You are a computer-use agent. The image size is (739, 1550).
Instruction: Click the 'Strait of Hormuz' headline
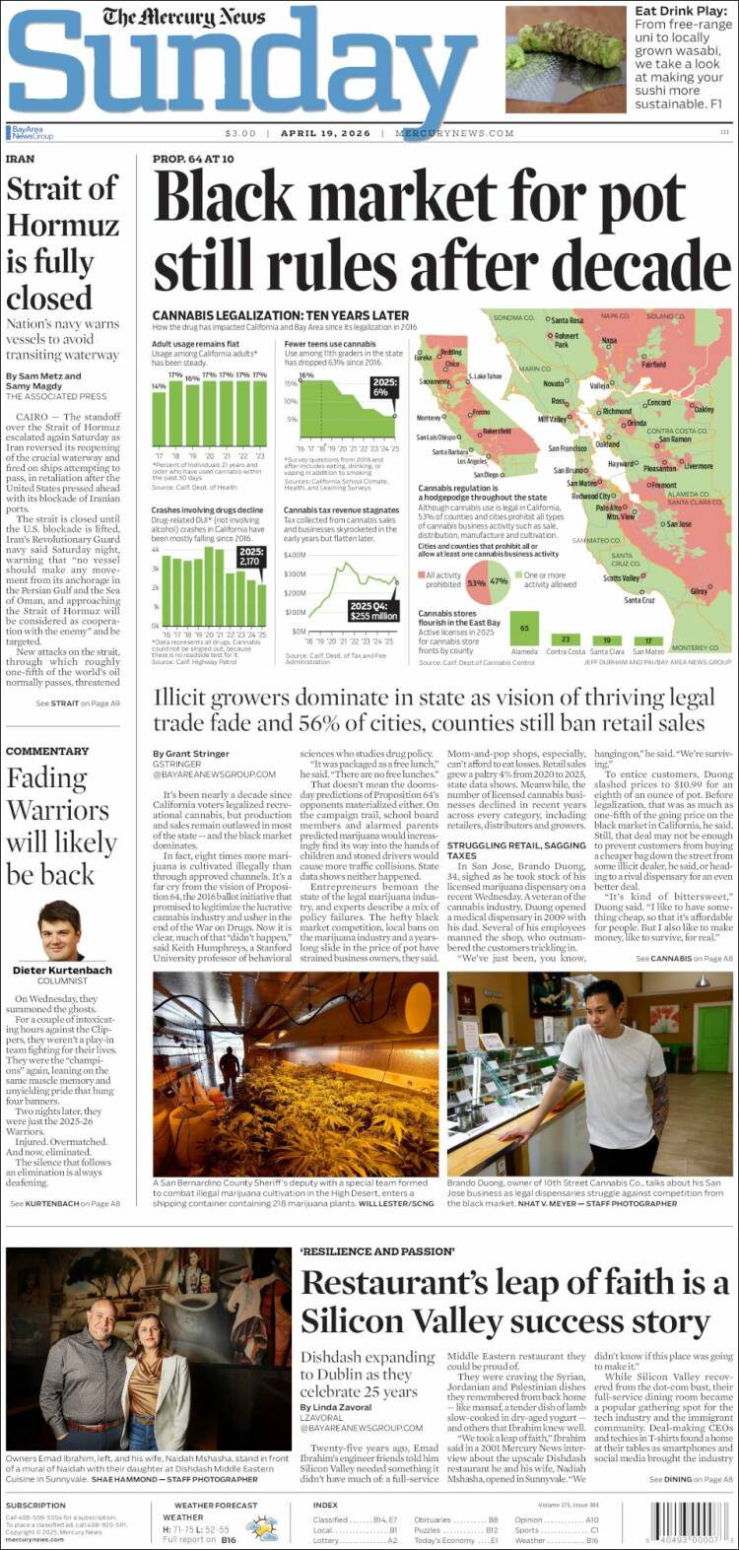(x=62, y=242)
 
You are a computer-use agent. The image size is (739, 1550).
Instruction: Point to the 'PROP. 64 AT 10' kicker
(x=193, y=159)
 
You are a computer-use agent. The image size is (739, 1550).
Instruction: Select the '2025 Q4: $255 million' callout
(x=374, y=611)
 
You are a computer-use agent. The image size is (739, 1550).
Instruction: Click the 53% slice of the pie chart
(x=476, y=582)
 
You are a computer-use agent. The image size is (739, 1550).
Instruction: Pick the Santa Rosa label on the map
(x=567, y=320)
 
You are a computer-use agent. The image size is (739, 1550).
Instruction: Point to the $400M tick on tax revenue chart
(x=295, y=555)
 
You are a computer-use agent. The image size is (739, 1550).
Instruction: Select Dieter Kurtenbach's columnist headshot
(x=59, y=930)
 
